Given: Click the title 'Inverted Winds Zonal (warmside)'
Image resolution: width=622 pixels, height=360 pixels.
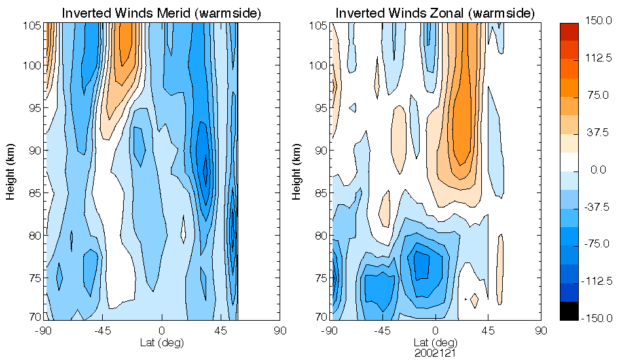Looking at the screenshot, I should pos(435,12).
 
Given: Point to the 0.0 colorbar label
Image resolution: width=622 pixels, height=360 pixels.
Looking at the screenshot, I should pos(598,170).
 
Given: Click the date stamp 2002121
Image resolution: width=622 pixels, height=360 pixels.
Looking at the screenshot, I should pos(435,352).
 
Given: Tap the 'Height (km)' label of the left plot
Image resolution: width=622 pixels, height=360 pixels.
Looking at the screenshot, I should pos(12,171).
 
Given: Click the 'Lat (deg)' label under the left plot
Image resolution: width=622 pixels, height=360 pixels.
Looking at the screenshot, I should pos(161,342).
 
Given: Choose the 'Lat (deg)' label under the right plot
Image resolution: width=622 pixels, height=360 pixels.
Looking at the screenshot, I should pos(435,342).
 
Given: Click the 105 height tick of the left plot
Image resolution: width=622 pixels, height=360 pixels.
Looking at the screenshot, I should pos(33,26).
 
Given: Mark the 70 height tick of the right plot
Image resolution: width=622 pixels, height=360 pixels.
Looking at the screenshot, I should pos(320,317).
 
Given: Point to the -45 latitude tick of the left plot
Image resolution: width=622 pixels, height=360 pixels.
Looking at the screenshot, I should pos(103,331).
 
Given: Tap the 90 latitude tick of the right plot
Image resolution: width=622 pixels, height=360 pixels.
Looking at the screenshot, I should pos(541,331).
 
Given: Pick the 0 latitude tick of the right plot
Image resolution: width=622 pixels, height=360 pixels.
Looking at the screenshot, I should pos(435,331).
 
